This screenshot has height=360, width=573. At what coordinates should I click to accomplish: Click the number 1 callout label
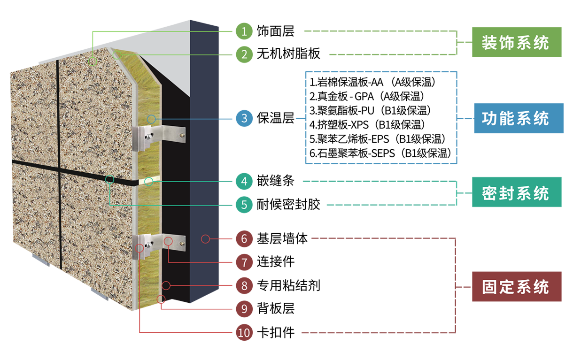[x=244, y=31]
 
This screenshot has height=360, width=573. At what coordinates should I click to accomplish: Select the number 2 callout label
[x=244, y=54]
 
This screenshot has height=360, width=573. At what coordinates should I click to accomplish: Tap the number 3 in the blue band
[x=244, y=118]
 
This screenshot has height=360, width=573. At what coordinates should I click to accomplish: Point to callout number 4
[x=244, y=181]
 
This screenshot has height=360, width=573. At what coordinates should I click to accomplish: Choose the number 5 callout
[x=244, y=205]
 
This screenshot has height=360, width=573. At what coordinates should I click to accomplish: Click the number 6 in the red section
[x=244, y=239]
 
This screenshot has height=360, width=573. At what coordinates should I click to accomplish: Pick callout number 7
[x=244, y=262]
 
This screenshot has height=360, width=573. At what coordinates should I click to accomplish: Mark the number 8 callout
[x=244, y=286]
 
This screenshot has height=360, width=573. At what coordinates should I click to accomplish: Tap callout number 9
[x=244, y=309]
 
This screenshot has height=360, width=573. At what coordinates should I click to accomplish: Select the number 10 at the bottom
[x=244, y=333]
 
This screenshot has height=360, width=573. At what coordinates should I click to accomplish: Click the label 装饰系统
[x=515, y=43]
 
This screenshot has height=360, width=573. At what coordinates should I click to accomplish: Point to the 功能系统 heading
[x=515, y=118]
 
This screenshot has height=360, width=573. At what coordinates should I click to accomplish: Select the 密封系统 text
[x=515, y=193]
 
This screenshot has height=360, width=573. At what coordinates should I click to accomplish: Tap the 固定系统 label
[x=515, y=287]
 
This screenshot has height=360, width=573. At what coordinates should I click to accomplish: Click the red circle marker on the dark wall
[x=205, y=239]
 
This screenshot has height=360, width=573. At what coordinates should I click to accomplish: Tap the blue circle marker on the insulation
[x=151, y=119]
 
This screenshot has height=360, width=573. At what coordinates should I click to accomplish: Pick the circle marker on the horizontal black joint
[x=110, y=179]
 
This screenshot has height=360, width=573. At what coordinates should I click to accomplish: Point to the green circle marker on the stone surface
[x=93, y=61]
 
